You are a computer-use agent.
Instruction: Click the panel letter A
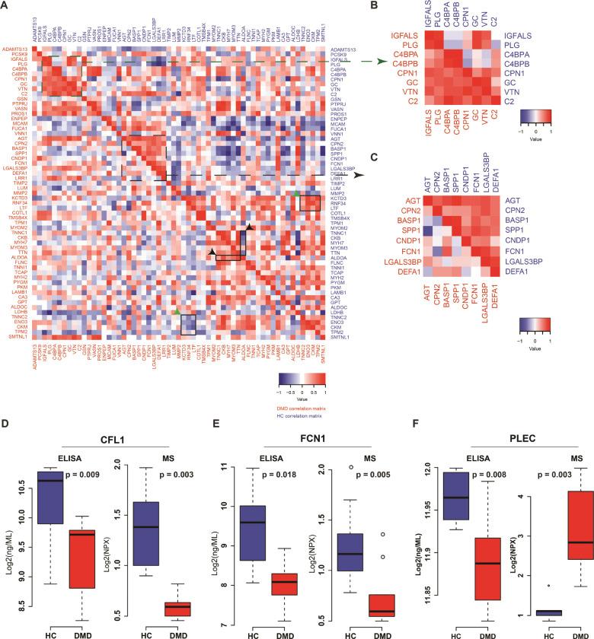coord(6,7)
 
